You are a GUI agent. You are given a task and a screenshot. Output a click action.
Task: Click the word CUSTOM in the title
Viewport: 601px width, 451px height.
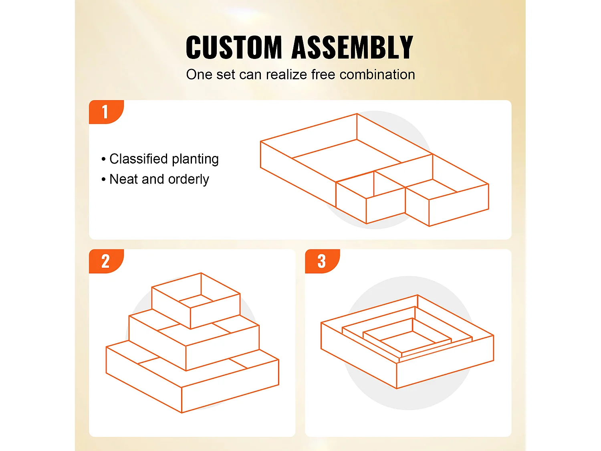234,47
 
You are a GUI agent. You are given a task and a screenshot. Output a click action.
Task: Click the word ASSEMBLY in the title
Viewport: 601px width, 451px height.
352,47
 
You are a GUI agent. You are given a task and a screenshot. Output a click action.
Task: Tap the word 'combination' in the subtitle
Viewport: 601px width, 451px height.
377,75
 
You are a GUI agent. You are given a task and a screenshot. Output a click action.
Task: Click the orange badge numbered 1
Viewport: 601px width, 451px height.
106,112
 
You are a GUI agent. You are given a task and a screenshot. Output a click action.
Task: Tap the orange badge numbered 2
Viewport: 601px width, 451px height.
106,261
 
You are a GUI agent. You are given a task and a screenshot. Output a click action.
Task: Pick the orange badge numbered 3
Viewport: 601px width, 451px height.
322,261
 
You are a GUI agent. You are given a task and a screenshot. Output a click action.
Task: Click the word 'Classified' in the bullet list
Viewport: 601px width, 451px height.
139,159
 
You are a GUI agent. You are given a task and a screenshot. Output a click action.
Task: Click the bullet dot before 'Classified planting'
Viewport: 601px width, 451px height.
103,159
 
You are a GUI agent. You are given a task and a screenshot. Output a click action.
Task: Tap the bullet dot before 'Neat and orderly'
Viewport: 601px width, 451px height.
103,179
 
